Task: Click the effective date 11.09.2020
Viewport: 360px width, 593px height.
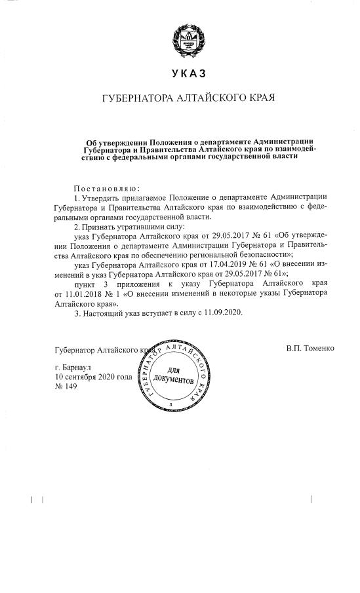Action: [x=221, y=313]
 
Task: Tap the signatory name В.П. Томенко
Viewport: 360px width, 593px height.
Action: [x=310, y=348]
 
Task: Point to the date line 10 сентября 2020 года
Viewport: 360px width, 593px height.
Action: [x=94, y=377]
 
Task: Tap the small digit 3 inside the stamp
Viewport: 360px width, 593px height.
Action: [x=170, y=406]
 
